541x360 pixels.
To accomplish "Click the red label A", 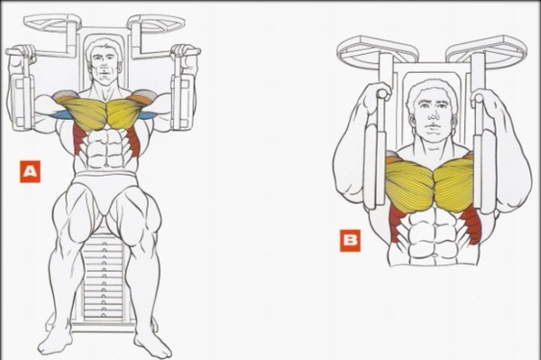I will (x=30, y=171).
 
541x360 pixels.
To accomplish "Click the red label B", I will (x=350, y=240).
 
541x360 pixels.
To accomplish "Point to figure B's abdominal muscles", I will (x=431, y=231).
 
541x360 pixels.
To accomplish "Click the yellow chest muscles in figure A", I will (x=106, y=112).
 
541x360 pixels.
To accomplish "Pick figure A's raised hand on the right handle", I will (x=186, y=53).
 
